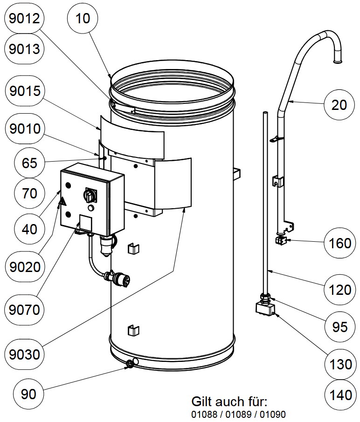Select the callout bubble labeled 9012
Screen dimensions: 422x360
24,19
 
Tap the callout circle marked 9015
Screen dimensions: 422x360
24,91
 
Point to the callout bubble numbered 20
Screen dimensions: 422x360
339,105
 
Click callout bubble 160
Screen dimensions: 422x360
339,243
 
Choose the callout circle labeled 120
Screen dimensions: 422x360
339,290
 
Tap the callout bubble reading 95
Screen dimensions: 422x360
339,327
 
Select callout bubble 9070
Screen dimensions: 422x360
24,308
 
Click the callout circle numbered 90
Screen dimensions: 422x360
29,394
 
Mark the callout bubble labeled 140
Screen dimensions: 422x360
339,395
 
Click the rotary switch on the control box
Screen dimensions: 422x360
90,196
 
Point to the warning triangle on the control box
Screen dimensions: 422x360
62,202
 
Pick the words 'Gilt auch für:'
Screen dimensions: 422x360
230,402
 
